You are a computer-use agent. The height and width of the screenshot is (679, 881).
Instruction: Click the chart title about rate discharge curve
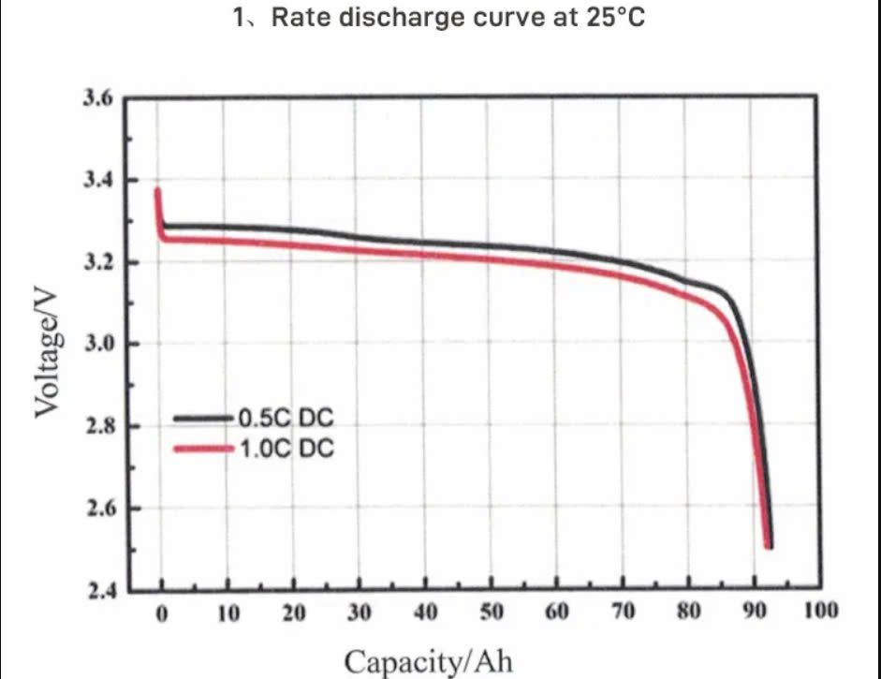pyautogui.click(x=439, y=18)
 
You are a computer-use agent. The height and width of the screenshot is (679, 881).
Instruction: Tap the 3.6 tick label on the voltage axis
pyautogui.click(x=98, y=98)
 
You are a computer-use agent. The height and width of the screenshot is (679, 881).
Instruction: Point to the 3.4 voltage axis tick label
pyautogui.click(x=98, y=180)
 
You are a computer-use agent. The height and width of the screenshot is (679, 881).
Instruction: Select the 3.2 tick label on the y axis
pyautogui.click(x=98, y=262)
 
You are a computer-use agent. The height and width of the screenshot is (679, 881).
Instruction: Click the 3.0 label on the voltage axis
pyautogui.click(x=98, y=344)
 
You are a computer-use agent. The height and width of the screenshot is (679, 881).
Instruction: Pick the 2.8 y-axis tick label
pyautogui.click(x=98, y=426)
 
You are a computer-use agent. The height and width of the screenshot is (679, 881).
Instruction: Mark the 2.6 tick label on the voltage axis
pyautogui.click(x=98, y=509)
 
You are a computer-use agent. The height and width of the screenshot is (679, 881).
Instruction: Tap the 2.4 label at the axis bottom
pyautogui.click(x=98, y=591)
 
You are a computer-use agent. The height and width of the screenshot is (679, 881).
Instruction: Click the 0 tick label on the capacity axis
pyautogui.click(x=162, y=614)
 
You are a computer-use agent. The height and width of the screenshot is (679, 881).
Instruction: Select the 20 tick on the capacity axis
pyautogui.click(x=294, y=614)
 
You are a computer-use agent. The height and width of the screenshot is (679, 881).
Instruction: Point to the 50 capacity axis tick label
pyautogui.click(x=492, y=614)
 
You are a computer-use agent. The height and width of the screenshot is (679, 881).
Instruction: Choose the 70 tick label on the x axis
pyautogui.click(x=624, y=614)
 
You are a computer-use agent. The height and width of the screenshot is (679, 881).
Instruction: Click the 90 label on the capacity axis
pyautogui.click(x=755, y=614)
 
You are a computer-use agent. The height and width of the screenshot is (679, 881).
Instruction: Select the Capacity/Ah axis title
pyautogui.click(x=430, y=661)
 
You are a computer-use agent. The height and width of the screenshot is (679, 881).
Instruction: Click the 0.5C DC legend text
pyautogui.click(x=286, y=417)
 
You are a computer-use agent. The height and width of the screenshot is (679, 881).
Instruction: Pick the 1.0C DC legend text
pyautogui.click(x=286, y=449)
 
